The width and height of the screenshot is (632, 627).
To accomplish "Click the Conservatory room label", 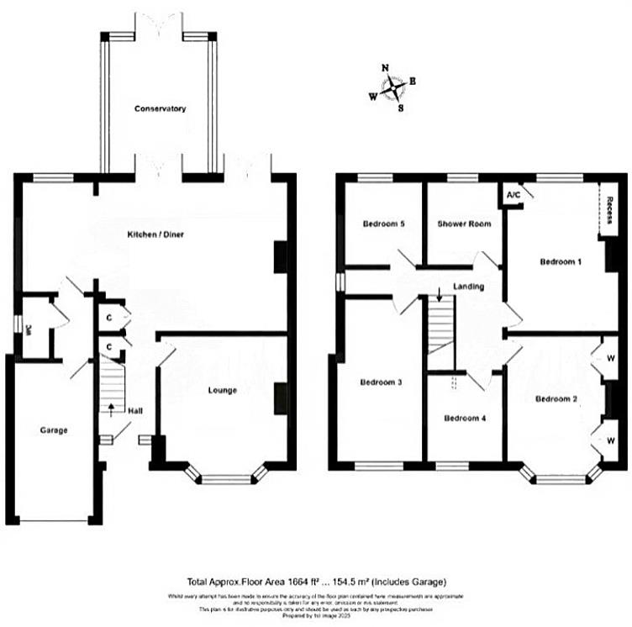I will (159, 109).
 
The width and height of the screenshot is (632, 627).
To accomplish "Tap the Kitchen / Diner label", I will (155, 234).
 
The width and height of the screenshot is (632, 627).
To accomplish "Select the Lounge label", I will (223, 390).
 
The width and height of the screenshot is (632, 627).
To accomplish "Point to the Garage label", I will (53, 430).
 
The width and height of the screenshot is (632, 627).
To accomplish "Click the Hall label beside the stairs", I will (135, 411).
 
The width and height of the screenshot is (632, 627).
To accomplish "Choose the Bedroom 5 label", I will (384, 224).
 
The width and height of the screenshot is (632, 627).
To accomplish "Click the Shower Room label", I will (463, 224).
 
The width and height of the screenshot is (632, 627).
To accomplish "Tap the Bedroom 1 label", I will (561, 261).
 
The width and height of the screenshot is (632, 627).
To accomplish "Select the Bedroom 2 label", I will (556, 398).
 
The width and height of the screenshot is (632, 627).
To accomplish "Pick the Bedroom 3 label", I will (382, 382).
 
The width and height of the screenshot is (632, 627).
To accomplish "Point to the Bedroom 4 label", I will (465, 418).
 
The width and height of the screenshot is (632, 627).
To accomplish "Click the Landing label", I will (468, 287).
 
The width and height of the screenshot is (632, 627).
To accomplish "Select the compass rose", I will (393, 87).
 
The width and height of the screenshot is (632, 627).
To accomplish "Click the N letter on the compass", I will (385, 68).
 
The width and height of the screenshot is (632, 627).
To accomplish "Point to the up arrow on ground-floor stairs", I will (112, 408).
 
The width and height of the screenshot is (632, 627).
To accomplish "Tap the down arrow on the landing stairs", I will (439, 294).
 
